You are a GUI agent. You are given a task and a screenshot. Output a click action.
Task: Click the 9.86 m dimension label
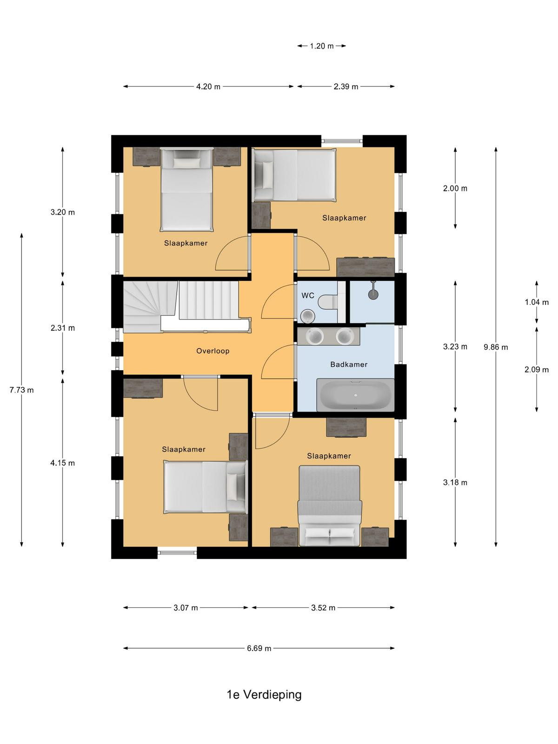click(x=495, y=347)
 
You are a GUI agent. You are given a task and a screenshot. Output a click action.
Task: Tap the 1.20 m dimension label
click(x=321, y=46)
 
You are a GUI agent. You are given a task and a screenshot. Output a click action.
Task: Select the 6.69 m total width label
click(x=259, y=648)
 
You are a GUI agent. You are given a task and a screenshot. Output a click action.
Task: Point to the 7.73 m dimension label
click(x=22, y=390)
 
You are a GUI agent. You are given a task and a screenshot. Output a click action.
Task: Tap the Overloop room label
click(x=213, y=351)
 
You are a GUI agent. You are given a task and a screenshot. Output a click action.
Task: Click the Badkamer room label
click(x=349, y=365)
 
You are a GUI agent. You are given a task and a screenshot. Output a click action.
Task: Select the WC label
click(x=308, y=296)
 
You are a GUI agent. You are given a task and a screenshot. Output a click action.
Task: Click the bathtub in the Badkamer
click(x=355, y=395)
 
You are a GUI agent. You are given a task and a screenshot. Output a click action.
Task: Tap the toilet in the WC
click(x=328, y=302)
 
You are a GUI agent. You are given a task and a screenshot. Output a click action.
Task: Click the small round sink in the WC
click(x=308, y=316)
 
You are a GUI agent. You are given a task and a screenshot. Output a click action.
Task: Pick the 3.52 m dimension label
click(x=323, y=608)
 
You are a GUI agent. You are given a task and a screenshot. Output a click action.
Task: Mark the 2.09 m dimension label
click(x=536, y=370)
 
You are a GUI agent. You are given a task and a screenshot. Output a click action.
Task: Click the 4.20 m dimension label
click(x=208, y=87)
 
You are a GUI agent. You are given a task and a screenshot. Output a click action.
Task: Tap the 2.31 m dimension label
click(x=63, y=328)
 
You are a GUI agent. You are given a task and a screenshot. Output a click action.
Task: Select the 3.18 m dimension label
click(x=455, y=482)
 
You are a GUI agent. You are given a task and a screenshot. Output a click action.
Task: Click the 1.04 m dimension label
click(x=537, y=302)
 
